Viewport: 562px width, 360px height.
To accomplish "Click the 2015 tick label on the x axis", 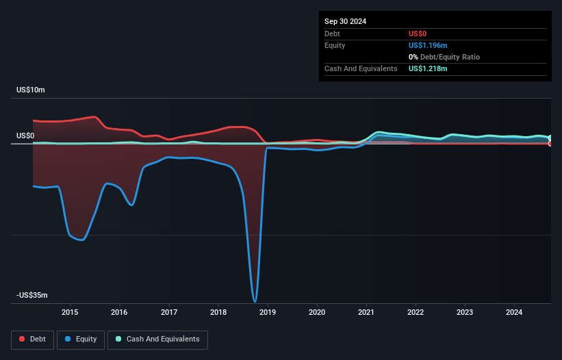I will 70,313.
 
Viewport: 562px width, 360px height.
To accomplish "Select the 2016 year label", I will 119,313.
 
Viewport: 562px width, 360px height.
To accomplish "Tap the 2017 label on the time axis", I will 168,313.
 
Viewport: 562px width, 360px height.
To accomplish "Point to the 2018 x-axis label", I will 218,313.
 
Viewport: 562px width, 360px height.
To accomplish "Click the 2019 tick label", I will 268,313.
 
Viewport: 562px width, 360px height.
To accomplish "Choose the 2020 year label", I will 317,313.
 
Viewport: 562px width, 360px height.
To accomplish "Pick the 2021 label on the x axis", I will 366,313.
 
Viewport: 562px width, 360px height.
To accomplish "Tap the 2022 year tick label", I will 416,313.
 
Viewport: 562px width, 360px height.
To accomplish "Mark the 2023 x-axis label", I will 465,313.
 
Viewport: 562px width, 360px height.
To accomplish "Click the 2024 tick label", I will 514,313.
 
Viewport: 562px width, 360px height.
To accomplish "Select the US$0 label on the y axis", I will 25,136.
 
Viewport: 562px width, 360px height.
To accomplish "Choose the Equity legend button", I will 81,339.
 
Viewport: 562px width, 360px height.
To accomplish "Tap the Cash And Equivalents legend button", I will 157,339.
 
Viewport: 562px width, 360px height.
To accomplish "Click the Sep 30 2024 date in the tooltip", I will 346,21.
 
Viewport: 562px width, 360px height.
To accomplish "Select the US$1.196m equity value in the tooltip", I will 429,45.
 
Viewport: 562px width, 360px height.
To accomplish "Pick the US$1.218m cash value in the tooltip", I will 429,68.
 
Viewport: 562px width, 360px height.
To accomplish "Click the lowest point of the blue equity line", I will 255,301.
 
